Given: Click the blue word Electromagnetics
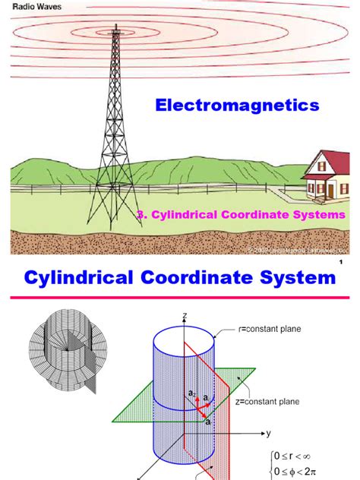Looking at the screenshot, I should pos(237,106).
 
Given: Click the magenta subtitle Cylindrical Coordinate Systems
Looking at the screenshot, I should pos(242,215).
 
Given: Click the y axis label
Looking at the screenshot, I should pos(267,433).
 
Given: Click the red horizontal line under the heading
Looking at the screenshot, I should pos(180,298).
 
